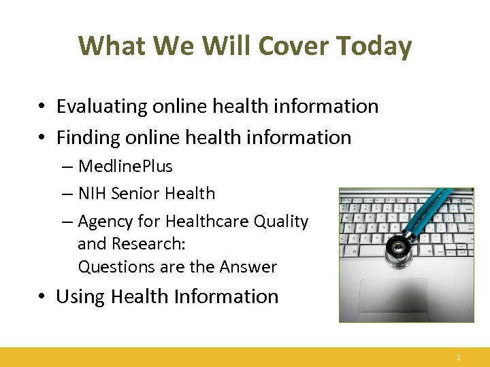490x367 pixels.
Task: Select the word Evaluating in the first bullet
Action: point(101,107)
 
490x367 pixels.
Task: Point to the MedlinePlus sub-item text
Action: point(125,167)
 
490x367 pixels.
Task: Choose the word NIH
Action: point(93,194)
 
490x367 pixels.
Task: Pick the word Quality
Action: point(282,222)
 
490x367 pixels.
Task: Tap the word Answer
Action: point(248,267)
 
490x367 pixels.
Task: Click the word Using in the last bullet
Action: point(80,297)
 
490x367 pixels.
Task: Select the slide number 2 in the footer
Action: point(459,357)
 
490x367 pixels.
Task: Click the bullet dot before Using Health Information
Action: point(42,298)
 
